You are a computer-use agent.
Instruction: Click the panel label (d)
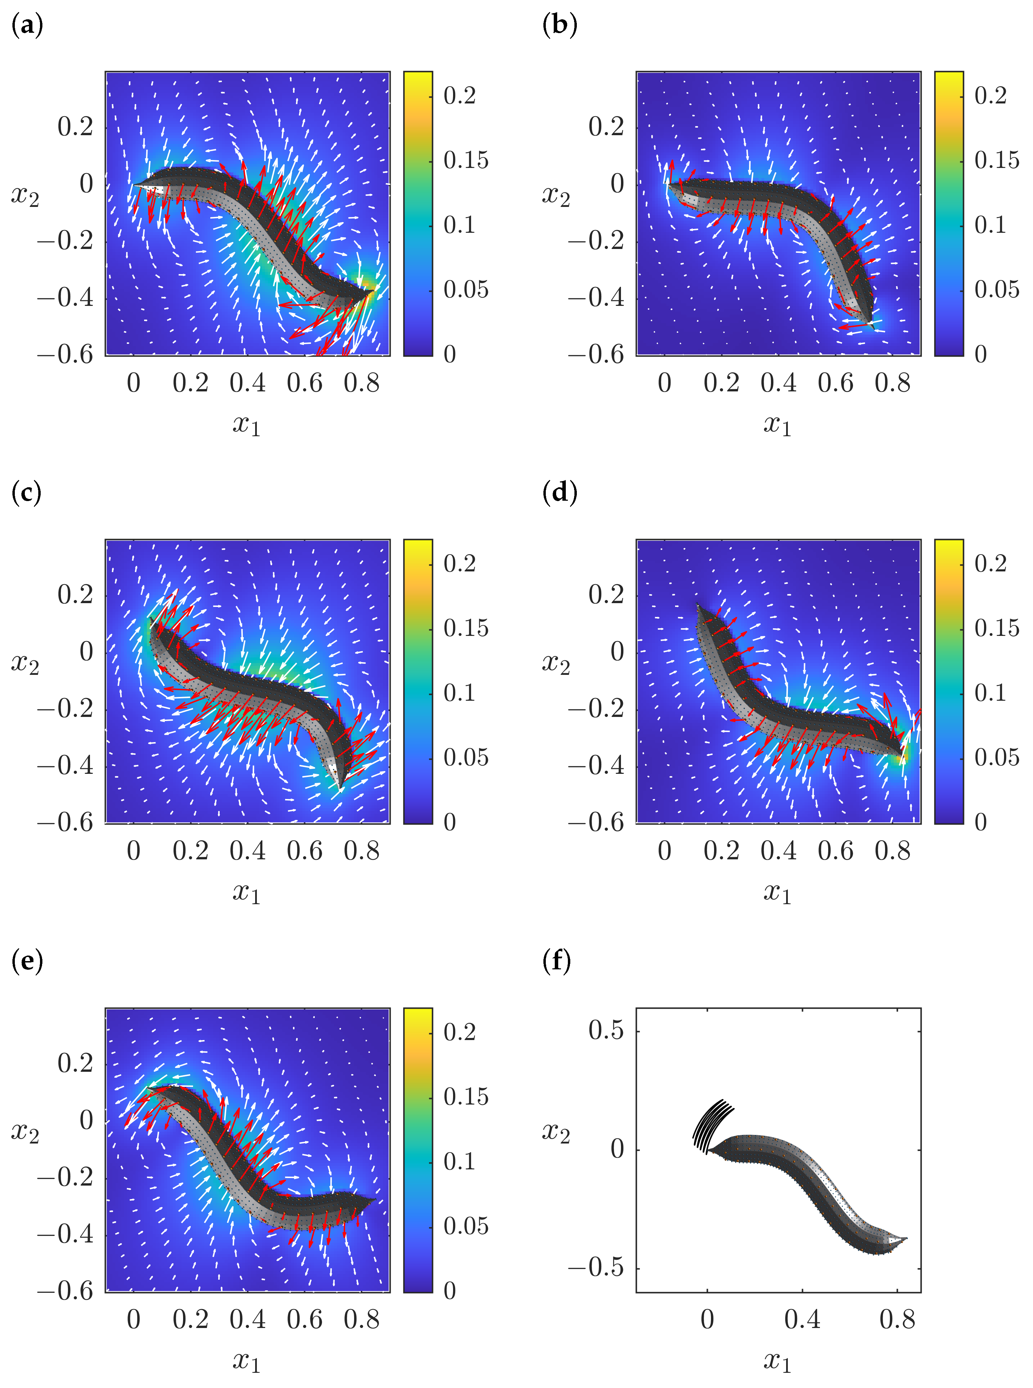click(559, 493)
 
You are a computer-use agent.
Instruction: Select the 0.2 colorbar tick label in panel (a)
click(460, 96)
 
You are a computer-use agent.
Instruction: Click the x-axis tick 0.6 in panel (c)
click(304, 851)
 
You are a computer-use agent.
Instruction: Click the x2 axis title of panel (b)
click(556, 196)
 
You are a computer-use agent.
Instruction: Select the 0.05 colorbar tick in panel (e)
click(466, 1226)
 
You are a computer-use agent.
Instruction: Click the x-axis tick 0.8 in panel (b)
click(892, 383)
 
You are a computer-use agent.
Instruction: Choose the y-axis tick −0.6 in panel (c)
click(65, 822)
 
